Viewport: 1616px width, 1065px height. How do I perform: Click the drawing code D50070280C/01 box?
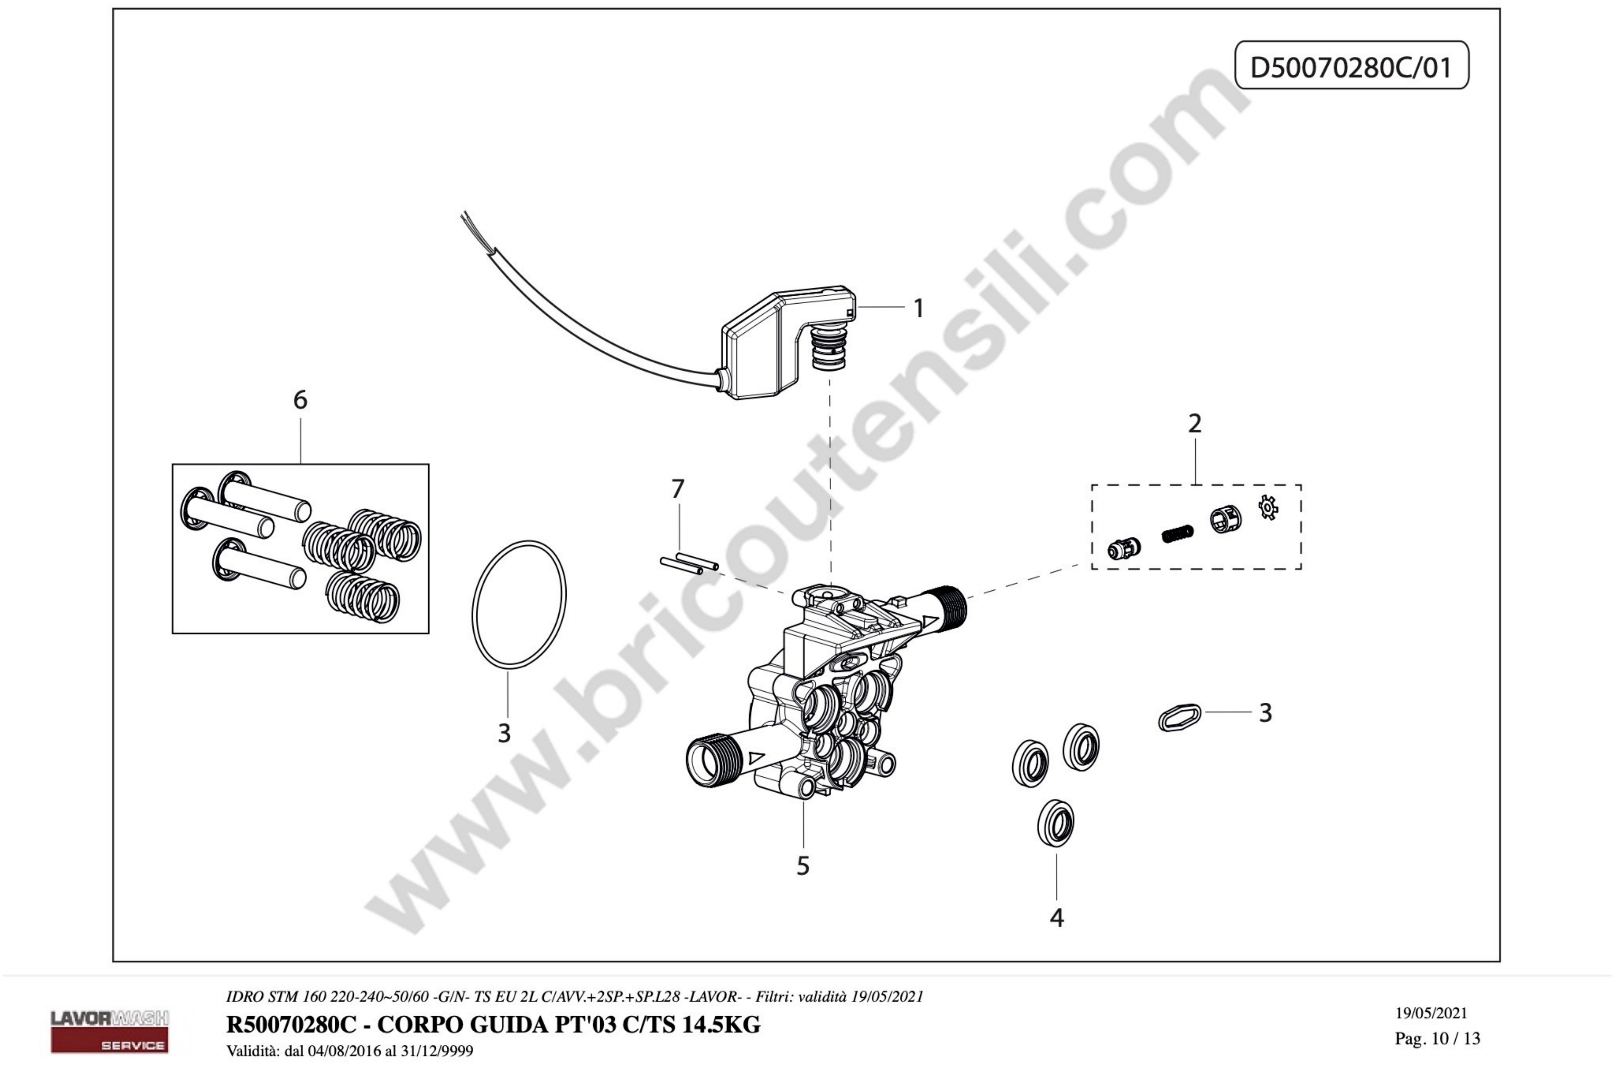1351,65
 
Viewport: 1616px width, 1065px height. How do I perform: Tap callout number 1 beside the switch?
918,308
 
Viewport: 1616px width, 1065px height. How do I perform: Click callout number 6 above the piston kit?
300,400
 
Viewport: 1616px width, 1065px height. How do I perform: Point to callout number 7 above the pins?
678,488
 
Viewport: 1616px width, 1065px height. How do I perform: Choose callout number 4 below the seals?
1057,918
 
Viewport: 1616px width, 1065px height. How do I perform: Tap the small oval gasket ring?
1179,717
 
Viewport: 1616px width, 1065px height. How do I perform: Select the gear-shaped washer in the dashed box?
1268,508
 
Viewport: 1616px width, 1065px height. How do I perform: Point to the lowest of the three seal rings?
1056,824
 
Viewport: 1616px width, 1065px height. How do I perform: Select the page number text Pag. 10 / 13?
1438,1039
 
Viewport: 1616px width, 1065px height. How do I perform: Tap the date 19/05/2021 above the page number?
1431,1014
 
